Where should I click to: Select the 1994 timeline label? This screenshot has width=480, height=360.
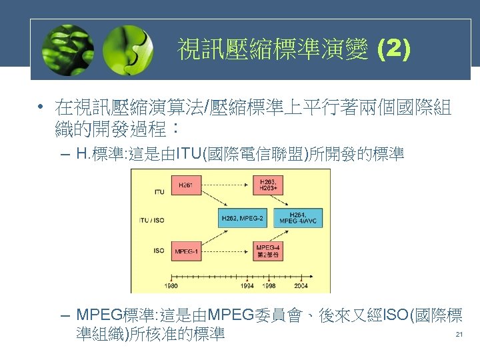247,285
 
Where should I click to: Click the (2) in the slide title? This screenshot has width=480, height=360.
393,49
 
